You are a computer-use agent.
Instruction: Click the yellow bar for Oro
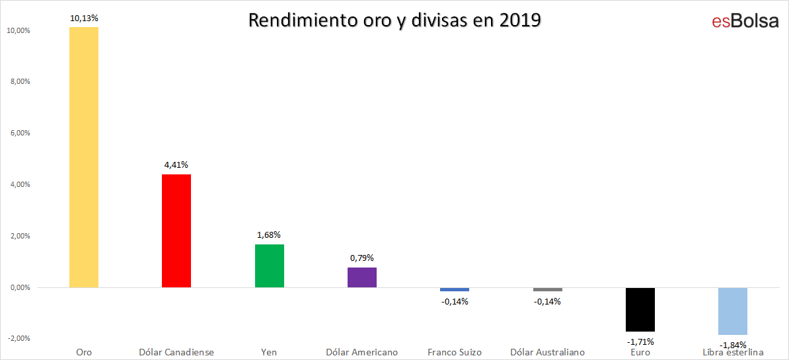84,157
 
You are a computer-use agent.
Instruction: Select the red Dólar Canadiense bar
176,231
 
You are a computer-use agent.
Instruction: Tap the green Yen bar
270,266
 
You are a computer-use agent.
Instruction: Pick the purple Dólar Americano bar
362,277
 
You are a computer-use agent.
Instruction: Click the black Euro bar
640,310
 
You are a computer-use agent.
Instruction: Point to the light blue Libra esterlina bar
733,311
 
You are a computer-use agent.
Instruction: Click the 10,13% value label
84,18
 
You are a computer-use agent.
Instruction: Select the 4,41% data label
176,165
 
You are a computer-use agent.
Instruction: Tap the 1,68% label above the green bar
270,234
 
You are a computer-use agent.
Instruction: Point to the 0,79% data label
362,258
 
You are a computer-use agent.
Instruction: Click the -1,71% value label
640,342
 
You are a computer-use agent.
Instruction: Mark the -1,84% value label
733,345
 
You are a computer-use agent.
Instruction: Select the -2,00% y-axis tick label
19,339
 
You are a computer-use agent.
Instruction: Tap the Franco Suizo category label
455,352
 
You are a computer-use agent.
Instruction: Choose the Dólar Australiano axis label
547,352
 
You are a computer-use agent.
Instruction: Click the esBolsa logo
745,22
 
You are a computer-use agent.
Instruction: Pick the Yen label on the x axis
270,352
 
